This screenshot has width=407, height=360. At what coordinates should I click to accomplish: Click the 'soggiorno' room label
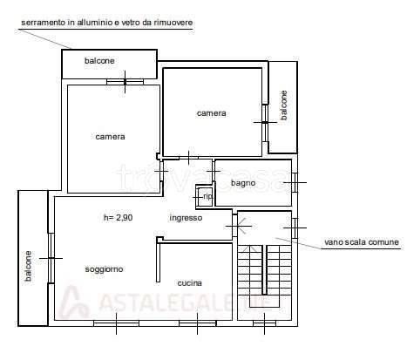tap(104, 268)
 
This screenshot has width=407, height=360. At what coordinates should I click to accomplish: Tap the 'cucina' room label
tap(190, 283)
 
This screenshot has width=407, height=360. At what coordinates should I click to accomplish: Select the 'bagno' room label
tap(243, 182)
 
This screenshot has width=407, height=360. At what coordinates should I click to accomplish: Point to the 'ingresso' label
tap(186, 218)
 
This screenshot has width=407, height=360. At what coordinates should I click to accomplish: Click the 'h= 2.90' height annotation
tap(118, 218)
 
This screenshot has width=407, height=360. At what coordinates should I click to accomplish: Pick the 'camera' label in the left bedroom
tap(110, 136)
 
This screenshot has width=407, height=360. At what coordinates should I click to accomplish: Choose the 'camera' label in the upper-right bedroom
tap(211, 112)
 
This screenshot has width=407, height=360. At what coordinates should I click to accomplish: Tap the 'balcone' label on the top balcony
tap(99, 61)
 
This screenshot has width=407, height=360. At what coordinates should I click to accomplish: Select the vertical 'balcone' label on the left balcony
tap(28, 267)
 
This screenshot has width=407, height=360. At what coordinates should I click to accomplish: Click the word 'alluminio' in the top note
tap(98, 23)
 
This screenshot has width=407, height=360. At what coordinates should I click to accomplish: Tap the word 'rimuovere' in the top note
tap(174, 23)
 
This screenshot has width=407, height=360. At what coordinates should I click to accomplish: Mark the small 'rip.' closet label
tap(207, 197)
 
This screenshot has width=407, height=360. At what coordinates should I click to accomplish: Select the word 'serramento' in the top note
tap(42, 23)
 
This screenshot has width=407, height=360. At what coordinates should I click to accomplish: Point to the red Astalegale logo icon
tap(74, 302)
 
